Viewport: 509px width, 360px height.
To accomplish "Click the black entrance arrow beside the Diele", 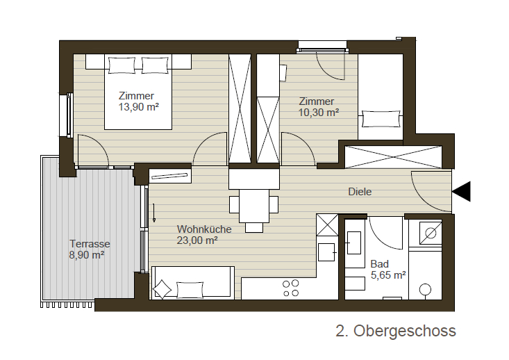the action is click(x=461, y=192).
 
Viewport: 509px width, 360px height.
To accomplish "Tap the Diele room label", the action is click(x=360, y=192).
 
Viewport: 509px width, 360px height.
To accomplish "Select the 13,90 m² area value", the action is click(x=138, y=107).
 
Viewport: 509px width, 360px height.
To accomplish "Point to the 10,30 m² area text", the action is click(x=319, y=113).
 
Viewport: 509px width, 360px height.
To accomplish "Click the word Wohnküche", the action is click(x=204, y=229).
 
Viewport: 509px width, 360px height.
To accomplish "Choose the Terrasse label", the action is click(x=90, y=244).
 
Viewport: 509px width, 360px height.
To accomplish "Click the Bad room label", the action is click(x=379, y=264).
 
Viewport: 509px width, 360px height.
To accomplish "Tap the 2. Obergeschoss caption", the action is click(x=396, y=331).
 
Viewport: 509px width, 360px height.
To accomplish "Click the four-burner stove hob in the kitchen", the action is click(x=290, y=288).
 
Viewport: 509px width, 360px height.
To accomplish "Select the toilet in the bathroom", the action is click(x=425, y=290).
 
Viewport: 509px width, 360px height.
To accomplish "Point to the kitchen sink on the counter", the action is click(x=326, y=252).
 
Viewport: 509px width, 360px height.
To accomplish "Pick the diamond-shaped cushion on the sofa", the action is click(x=162, y=289).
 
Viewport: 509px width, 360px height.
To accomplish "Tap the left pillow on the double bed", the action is click(x=122, y=65).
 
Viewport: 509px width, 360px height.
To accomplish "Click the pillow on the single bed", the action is click(x=381, y=119).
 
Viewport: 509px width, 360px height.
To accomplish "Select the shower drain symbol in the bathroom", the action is click(x=431, y=234).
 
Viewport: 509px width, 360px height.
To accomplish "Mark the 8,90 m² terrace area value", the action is click(x=86, y=255).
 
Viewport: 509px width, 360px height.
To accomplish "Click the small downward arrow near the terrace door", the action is click(x=154, y=213).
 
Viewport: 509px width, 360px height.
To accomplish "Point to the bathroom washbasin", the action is click(x=354, y=243).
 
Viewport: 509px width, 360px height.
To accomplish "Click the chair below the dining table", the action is click(x=254, y=227).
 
